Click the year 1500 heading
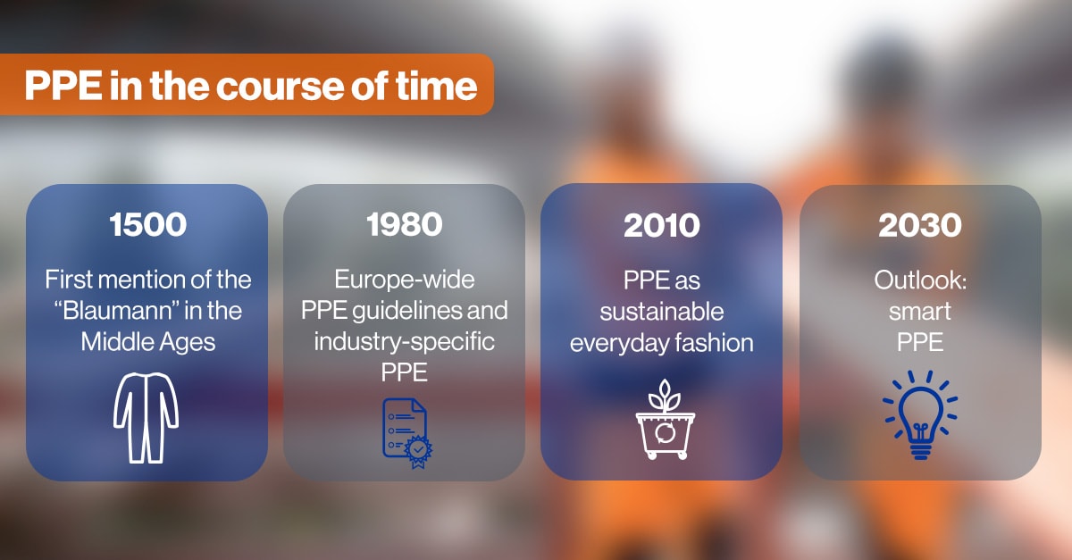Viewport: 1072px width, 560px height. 147,224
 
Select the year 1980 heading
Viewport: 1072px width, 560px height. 405,224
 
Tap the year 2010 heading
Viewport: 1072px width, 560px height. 661,225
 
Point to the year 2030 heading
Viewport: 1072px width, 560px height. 920,225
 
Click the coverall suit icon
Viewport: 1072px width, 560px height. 146,418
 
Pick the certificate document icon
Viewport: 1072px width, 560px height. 406,433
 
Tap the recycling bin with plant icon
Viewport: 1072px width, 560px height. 666,420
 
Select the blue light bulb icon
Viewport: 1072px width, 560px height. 920,415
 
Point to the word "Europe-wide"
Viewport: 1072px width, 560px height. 405,279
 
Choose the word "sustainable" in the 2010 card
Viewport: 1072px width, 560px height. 661,312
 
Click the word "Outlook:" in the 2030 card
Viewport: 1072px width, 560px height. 920,280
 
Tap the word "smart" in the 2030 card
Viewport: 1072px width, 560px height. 920,312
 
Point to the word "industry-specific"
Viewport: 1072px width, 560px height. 405,342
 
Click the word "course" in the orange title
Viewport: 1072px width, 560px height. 280,86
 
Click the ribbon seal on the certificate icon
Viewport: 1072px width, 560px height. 418,451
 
